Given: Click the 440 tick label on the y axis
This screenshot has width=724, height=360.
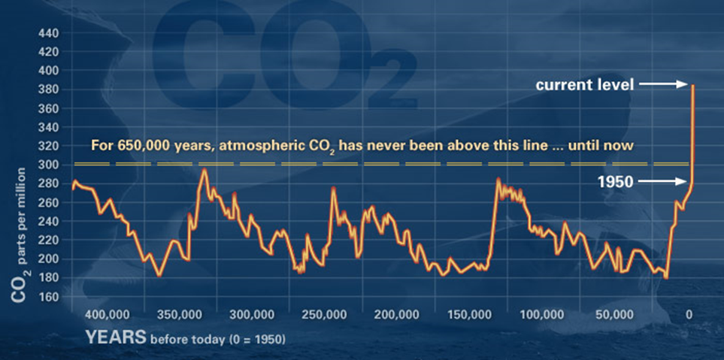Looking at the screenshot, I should [x=47, y=34].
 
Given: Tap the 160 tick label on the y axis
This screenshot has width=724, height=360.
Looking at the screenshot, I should [x=47, y=296].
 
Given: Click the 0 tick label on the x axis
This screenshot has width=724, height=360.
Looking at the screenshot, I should [x=689, y=314].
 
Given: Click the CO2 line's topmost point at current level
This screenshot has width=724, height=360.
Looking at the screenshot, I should [x=692, y=86].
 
